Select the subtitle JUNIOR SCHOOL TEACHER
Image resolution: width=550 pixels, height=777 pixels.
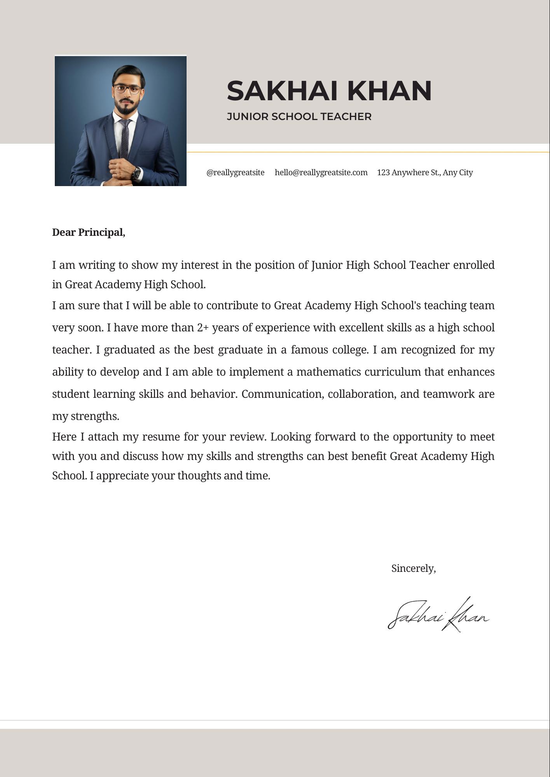(x=299, y=117)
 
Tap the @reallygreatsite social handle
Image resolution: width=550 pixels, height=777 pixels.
(x=235, y=172)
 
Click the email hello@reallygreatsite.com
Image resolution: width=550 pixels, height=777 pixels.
(x=321, y=172)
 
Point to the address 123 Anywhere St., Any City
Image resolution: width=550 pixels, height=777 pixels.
(x=424, y=172)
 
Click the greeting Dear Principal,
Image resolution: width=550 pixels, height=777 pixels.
(x=89, y=232)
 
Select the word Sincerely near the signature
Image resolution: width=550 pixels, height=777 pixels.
(x=413, y=568)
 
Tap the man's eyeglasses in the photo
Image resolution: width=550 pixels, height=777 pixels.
(x=128, y=89)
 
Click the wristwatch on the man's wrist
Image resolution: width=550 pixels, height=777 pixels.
(x=136, y=172)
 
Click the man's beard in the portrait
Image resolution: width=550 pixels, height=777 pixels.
(x=127, y=108)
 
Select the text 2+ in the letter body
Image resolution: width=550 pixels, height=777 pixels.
(x=203, y=328)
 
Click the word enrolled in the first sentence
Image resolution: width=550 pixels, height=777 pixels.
(x=474, y=265)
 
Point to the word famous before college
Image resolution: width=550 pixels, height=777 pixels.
(x=309, y=350)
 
